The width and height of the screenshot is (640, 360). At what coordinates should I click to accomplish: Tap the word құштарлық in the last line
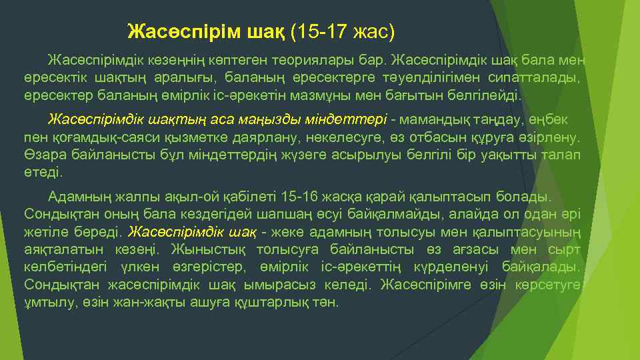282,301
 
